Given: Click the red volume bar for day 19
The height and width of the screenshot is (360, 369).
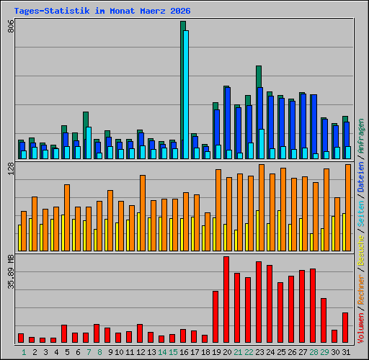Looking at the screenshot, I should (x=215, y=316).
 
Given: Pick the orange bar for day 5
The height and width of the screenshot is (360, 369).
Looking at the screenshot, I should (x=67, y=217).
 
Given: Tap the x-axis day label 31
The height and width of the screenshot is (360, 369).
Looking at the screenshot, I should (x=345, y=351).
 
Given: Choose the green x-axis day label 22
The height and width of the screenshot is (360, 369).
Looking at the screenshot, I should (x=248, y=351).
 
